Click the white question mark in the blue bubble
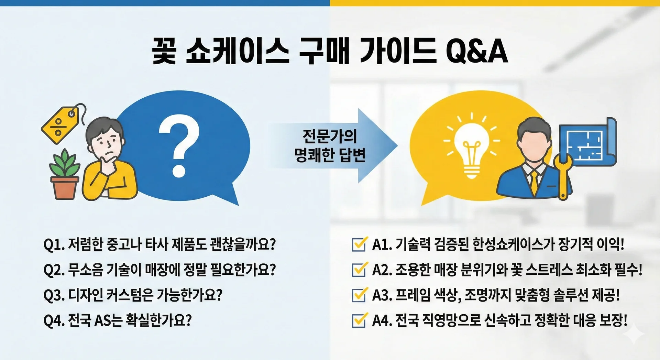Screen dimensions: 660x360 point(179,146)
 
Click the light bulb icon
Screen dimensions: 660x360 point(471,148)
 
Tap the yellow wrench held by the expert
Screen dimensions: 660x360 point(563,176)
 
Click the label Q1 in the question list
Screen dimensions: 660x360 point(54,244)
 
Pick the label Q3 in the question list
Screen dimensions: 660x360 point(54,295)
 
